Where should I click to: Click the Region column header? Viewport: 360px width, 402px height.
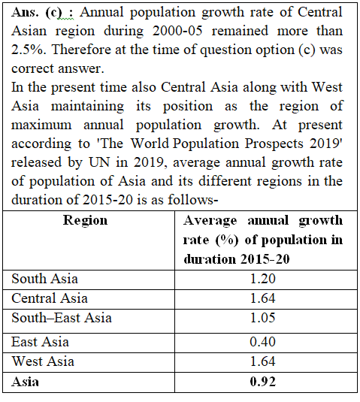[86, 221]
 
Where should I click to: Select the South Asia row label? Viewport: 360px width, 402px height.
[44, 279]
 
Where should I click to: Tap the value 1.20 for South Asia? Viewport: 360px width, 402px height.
[262, 279]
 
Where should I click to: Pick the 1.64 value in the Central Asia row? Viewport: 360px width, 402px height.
[262, 298]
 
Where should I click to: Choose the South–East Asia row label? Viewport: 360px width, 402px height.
[62, 318]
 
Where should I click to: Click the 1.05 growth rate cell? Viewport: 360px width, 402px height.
[262, 318]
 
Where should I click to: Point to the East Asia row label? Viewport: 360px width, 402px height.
[41, 342]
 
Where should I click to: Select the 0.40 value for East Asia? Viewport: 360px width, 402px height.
[262, 342]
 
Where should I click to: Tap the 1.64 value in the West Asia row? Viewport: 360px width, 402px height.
[262, 361]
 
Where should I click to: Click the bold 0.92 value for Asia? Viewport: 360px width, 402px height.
[262, 382]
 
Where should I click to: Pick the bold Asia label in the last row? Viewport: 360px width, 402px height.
[25, 382]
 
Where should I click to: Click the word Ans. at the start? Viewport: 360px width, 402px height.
[25, 12]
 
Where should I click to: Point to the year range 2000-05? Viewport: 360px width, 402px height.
[177, 31]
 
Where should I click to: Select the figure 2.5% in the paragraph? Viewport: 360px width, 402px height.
[29, 50]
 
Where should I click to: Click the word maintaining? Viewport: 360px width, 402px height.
[87, 107]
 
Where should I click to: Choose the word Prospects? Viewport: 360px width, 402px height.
[274, 144]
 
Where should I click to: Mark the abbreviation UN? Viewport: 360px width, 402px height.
[99, 162]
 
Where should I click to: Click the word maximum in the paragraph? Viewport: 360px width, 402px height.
[41, 125]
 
